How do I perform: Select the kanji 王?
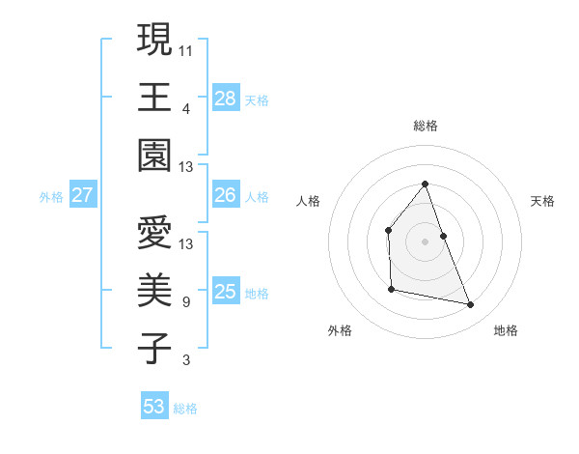pyautogui.click(x=154, y=99)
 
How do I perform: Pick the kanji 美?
pyautogui.click(x=154, y=290)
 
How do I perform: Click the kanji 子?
pyautogui.click(x=154, y=349)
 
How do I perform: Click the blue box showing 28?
pyautogui.click(x=226, y=99)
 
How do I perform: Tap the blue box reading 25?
pyautogui.click(x=226, y=292)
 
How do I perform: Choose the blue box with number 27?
pyautogui.click(x=82, y=195)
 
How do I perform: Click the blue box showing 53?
pyautogui.click(x=154, y=407)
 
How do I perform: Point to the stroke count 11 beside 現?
pyautogui.click(x=186, y=49)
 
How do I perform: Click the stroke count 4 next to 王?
pyautogui.click(x=185, y=108)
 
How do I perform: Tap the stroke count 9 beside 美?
pyautogui.click(x=185, y=302)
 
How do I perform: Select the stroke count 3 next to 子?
pyautogui.click(x=185, y=361)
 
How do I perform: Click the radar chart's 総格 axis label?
pyautogui.click(x=426, y=126)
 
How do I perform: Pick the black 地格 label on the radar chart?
pyautogui.click(x=506, y=330)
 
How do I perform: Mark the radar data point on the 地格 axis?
pyautogui.click(x=471, y=305)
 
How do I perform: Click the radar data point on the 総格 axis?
pyautogui.click(x=425, y=184)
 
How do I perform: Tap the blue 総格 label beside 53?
pyautogui.click(x=185, y=409)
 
